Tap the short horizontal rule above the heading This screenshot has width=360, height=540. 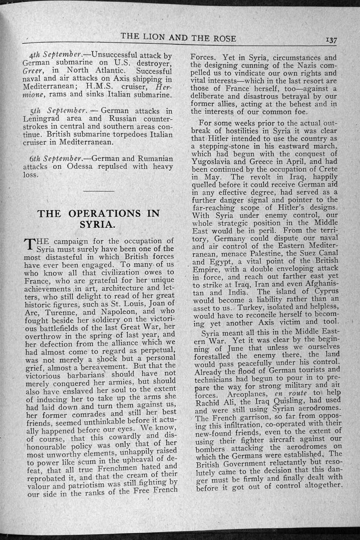98,191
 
